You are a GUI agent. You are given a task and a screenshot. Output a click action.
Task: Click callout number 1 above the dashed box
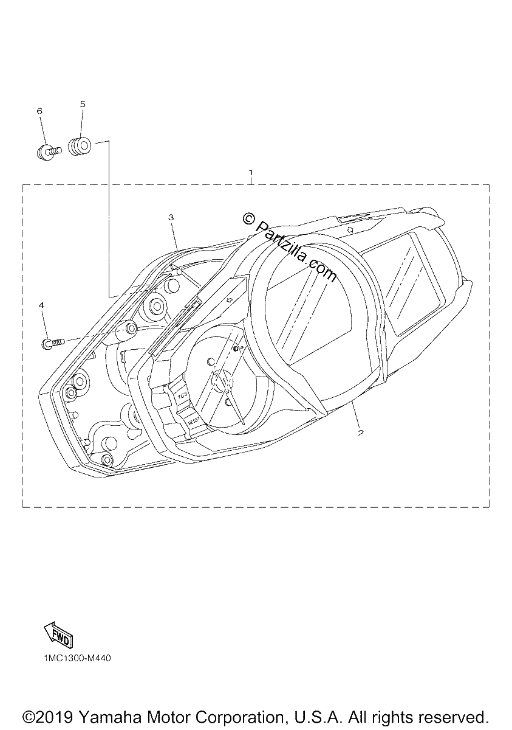(x=251, y=172)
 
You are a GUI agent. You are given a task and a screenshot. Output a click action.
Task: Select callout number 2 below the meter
(x=360, y=433)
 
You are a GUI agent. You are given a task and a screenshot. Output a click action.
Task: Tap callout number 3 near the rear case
(x=171, y=217)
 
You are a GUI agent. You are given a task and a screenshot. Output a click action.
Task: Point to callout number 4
(x=41, y=305)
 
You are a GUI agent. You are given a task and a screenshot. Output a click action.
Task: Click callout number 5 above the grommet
(x=83, y=104)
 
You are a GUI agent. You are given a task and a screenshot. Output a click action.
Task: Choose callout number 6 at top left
(x=39, y=111)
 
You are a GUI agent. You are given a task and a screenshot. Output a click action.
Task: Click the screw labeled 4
(x=53, y=342)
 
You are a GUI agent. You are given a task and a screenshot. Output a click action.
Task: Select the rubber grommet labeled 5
(x=80, y=145)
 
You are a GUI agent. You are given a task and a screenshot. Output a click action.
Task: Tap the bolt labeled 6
(x=48, y=152)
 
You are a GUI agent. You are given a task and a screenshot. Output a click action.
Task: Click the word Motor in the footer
(x=168, y=718)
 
